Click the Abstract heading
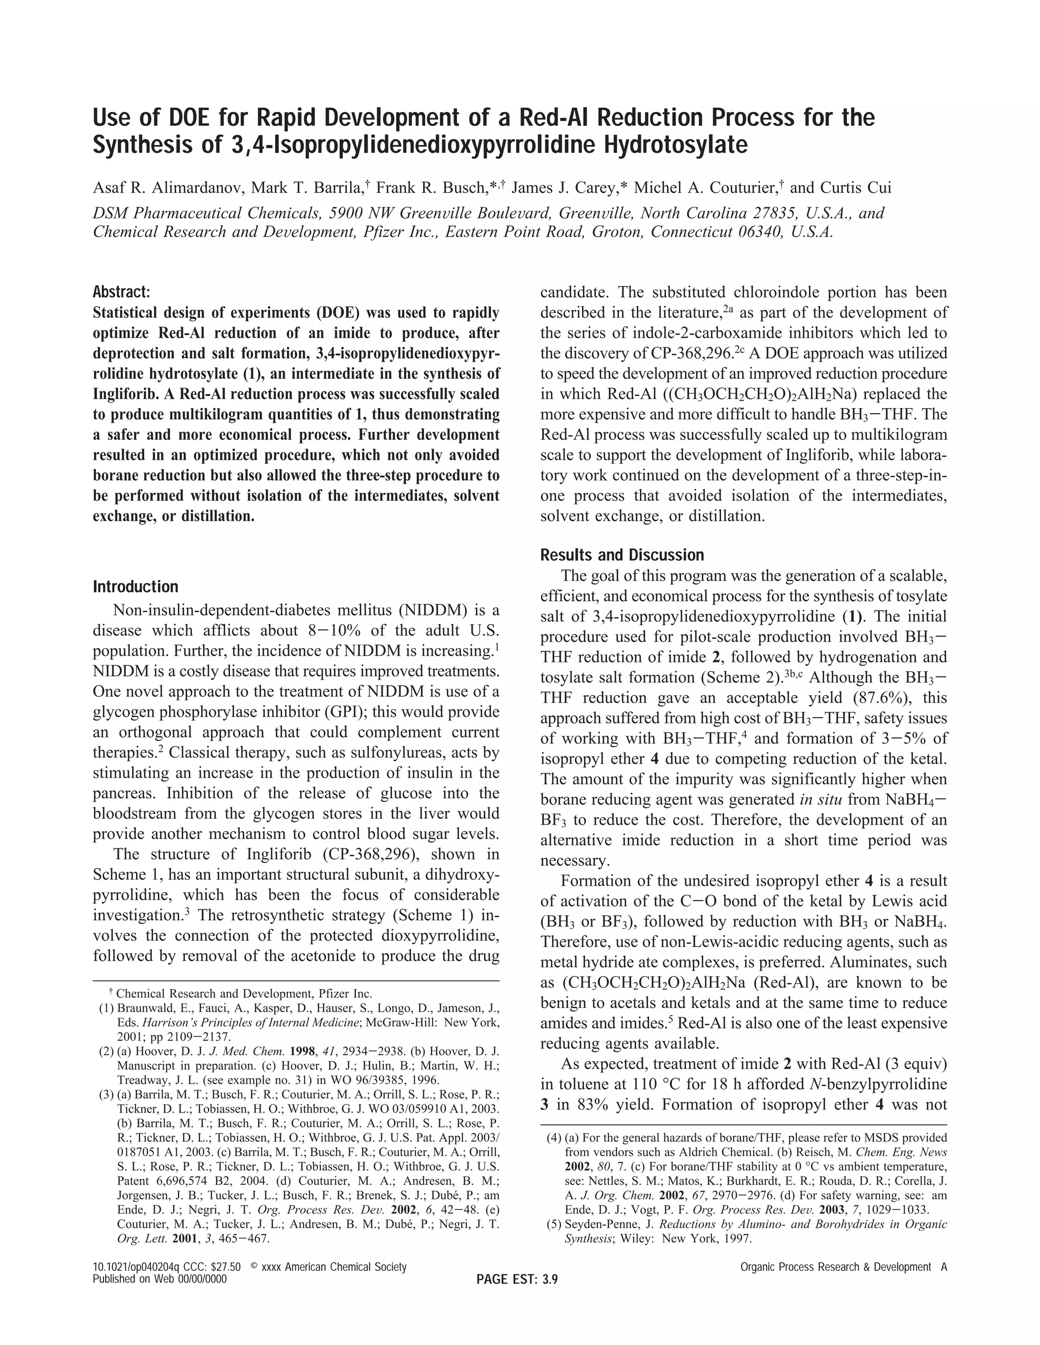pos(121,291)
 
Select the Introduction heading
pos(135,586)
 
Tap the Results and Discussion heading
pos(622,555)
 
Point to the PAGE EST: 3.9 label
pos(517,1280)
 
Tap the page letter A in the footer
pos(944,1267)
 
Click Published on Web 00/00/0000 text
pos(159,1279)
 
